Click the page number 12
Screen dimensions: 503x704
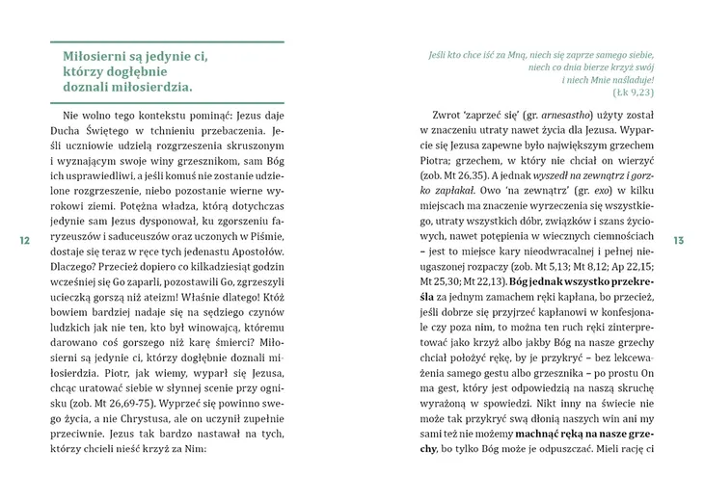pyautogui.click(x=23, y=240)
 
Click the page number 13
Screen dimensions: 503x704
pyautogui.click(x=678, y=240)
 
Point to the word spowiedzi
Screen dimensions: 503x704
pyautogui.click(x=509, y=421)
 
